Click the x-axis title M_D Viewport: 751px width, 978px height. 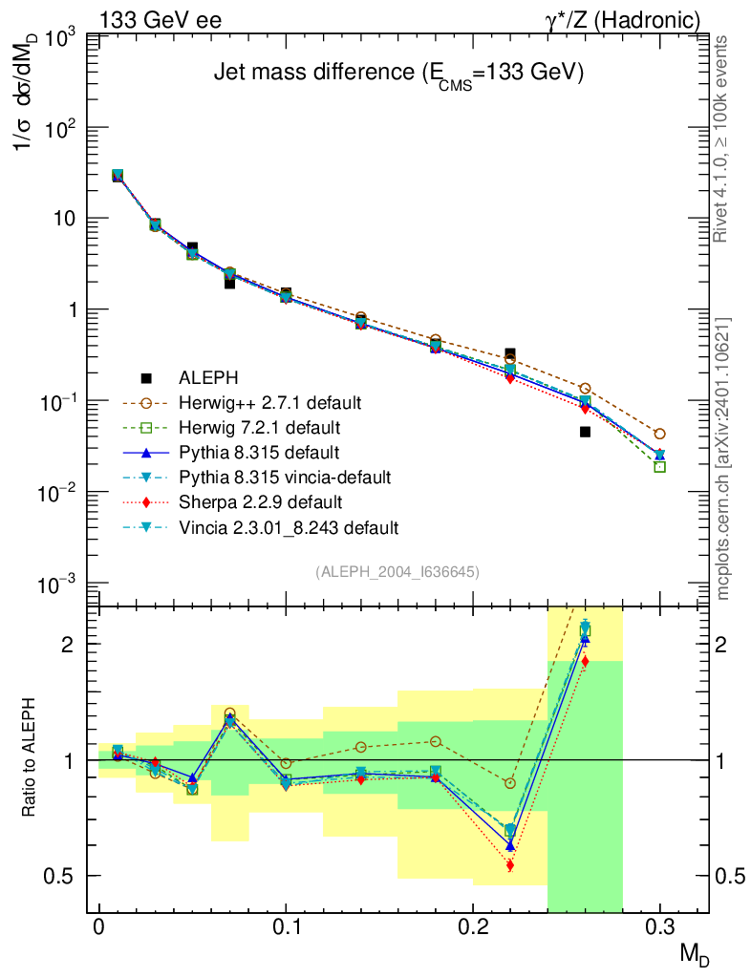click(x=696, y=953)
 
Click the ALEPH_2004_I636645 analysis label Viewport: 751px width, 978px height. click(x=397, y=571)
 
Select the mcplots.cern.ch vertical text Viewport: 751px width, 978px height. click(x=725, y=458)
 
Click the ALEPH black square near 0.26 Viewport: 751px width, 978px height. click(x=585, y=432)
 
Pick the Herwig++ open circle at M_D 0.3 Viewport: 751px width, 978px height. click(x=659, y=434)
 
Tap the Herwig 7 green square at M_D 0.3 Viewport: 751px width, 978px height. click(x=659, y=466)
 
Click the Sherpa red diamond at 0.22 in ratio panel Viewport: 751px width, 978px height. click(x=510, y=865)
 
